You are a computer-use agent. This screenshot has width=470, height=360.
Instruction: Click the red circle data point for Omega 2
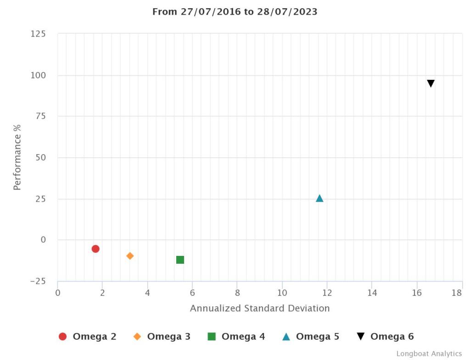(95, 249)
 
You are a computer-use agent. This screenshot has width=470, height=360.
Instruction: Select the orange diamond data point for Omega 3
(130, 256)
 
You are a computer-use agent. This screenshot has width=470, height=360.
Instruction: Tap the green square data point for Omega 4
(180, 260)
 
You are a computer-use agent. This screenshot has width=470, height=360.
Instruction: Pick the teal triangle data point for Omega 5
(319, 198)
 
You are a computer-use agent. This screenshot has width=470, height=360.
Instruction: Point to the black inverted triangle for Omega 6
(431, 83)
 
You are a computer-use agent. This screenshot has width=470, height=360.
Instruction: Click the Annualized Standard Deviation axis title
(260, 308)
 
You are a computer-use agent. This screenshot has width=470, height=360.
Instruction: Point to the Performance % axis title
(17, 157)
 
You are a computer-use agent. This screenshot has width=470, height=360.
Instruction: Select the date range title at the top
(235, 12)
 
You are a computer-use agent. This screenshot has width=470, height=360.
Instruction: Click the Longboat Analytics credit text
(429, 354)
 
